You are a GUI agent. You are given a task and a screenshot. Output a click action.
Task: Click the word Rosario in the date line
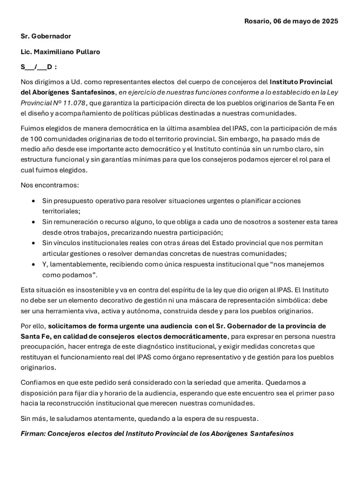(x=256, y=21)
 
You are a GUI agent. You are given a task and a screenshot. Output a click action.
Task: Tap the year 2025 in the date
(x=330, y=21)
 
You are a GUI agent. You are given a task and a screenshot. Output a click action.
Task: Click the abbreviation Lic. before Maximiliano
(x=26, y=52)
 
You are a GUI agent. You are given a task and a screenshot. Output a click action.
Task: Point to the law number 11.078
(x=73, y=103)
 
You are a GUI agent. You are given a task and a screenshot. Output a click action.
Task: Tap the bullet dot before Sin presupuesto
(x=34, y=201)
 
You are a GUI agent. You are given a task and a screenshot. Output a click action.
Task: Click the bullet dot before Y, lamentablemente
(x=34, y=264)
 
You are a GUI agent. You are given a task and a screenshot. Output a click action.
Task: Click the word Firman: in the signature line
(x=33, y=434)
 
